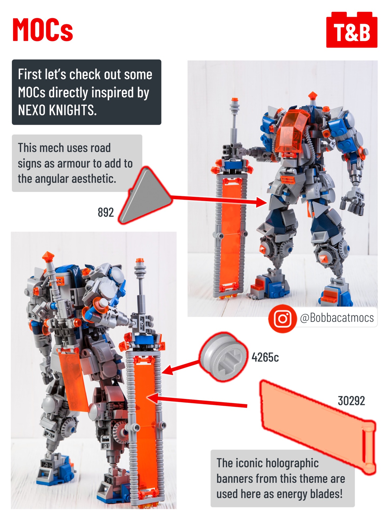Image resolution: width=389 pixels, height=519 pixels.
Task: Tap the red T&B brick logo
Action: click(x=352, y=30)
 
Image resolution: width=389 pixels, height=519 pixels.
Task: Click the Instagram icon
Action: click(x=282, y=318)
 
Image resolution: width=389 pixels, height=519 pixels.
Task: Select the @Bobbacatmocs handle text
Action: click(x=337, y=318)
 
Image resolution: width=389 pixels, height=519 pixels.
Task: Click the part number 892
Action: click(x=106, y=212)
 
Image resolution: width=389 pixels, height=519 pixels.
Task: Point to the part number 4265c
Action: click(x=265, y=357)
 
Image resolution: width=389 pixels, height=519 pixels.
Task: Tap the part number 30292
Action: click(x=351, y=401)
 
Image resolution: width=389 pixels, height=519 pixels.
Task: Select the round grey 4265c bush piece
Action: click(x=223, y=357)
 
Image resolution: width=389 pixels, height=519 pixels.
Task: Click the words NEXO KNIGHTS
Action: click(x=57, y=110)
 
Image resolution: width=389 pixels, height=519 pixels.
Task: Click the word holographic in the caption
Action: click(x=277, y=463)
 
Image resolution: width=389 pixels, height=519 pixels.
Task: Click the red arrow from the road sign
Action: click(x=219, y=199)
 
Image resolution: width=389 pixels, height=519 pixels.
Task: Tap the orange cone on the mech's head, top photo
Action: click(x=313, y=95)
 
